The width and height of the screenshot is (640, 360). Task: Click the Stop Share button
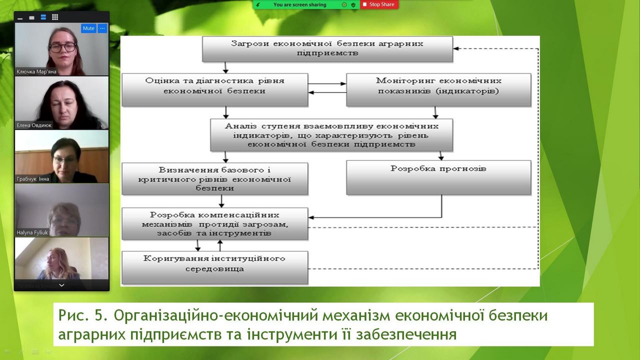click(x=378, y=4)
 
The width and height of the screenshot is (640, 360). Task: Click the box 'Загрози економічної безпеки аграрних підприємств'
click(x=327, y=48)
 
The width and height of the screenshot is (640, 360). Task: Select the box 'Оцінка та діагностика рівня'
click(x=214, y=89)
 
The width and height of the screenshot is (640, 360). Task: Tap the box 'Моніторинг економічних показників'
click(x=438, y=89)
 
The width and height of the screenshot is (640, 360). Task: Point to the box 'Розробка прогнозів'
click(x=438, y=177)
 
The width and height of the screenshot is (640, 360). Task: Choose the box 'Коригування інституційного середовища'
click(x=214, y=266)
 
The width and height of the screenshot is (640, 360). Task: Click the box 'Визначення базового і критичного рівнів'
click(x=214, y=178)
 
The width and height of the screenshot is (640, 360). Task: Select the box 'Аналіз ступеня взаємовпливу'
click(x=331, y=134)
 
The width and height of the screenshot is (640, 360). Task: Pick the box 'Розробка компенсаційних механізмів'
click(x=214, y=224)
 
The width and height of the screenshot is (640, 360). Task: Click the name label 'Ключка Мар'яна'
click(x=36, y=71)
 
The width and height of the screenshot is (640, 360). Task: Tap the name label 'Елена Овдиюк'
click(x=34, y=125)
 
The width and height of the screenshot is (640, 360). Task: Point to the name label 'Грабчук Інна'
click(x=33, y=178)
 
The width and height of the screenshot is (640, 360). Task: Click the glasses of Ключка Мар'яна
click(x=62, y=47)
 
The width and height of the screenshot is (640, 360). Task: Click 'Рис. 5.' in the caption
click(x=82, y=316)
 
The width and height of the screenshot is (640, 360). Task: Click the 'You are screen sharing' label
click(x=299, y=4)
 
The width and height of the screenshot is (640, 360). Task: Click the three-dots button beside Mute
click(x=102, y=28)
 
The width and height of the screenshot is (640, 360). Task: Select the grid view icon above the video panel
click(x=55, y=17)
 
